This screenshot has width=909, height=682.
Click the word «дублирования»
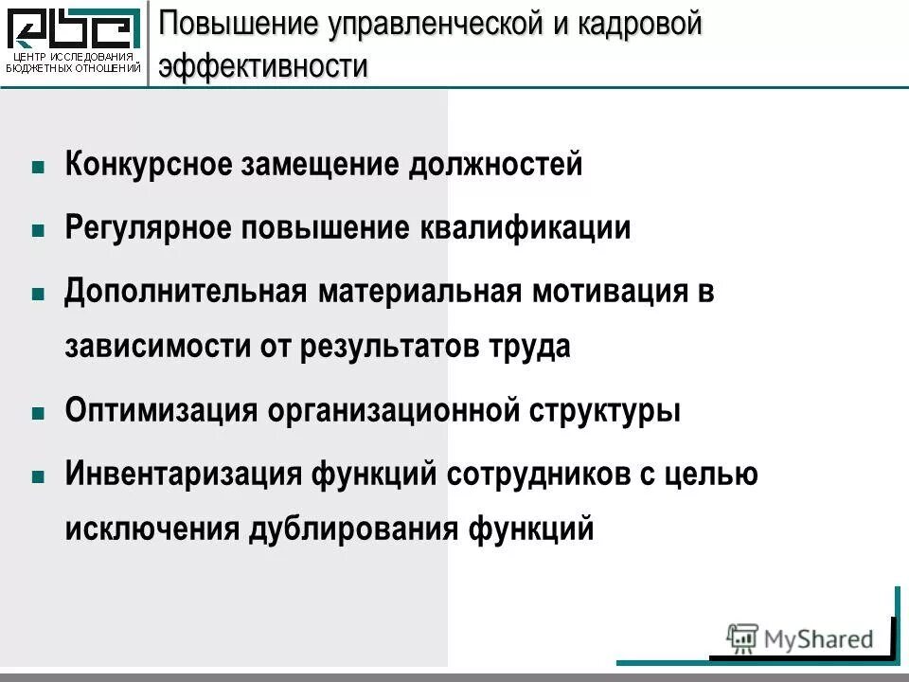(351, 528)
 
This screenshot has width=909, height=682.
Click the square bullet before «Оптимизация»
(38, 414)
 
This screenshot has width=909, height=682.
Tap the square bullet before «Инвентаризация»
(38, 476)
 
